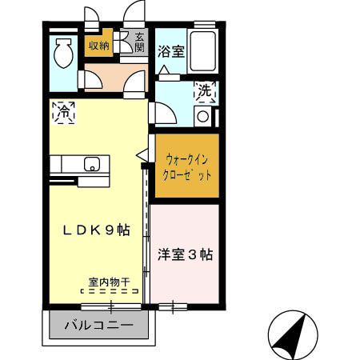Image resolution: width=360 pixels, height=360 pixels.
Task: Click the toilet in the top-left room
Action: (x=62, y=54)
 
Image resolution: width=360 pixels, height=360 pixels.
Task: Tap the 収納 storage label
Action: (x=99, y=46)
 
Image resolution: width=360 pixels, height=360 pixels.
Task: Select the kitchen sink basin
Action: (x=91, y=166)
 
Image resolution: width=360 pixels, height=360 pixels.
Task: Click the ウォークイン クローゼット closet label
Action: (x=186, y=167)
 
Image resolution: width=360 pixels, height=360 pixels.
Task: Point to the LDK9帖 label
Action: (x=97, y=230)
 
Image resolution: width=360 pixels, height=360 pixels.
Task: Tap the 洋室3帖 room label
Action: (x=185, y=255)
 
